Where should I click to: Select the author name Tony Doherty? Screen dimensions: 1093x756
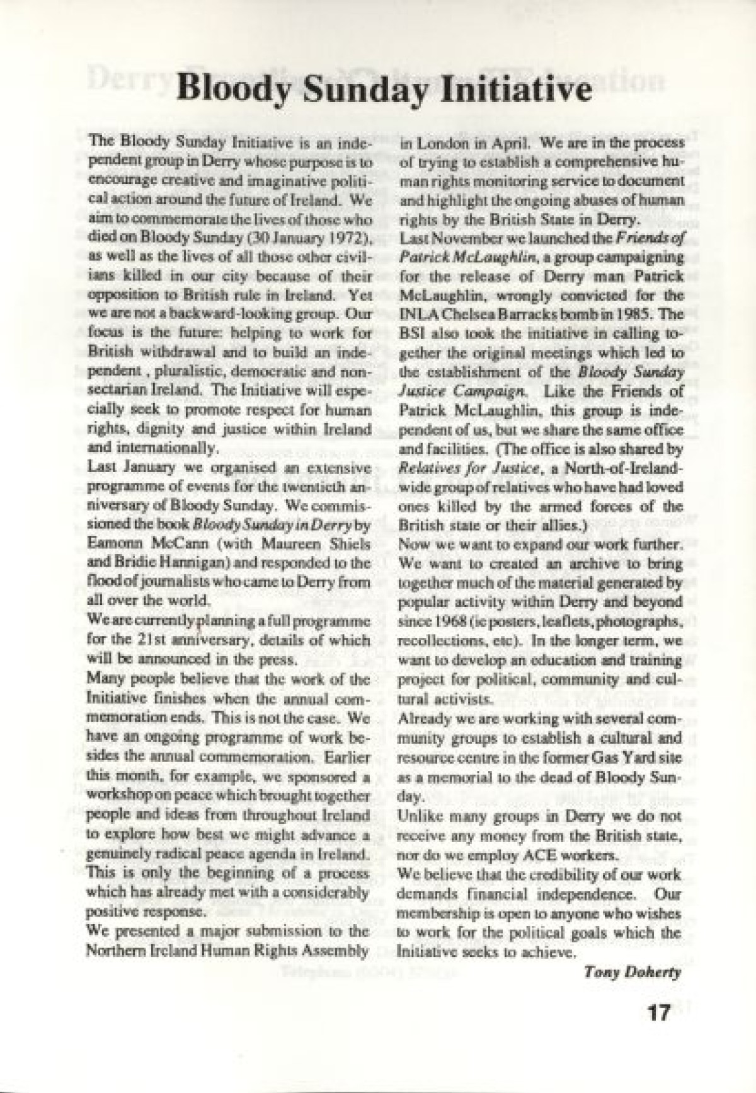point(648,971)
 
